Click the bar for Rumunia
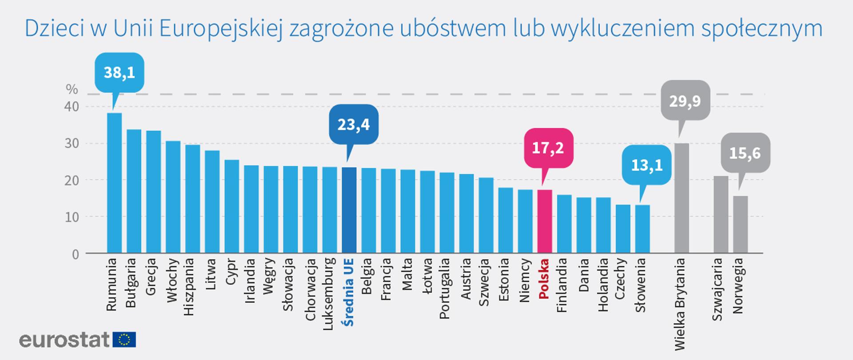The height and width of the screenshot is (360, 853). [114, 183]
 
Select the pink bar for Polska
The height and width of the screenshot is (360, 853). [545, 221]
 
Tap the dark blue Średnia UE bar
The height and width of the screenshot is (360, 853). [349, 210]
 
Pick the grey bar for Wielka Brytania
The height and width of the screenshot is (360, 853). [682, 198]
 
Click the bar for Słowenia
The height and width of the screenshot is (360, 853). [642, 229]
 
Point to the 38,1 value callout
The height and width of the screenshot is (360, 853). [119, 72]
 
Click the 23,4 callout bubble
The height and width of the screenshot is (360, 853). [353, 124]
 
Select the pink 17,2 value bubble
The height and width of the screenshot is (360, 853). [548, 148]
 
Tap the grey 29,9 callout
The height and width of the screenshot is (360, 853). [685, 101]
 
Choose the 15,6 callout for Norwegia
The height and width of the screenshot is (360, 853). [745, 153]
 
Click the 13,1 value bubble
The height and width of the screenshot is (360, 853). [646, 165]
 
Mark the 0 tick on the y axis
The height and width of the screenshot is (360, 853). [76, 254]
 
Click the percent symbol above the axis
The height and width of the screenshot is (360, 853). [72, 89]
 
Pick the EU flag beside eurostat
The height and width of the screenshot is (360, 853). [124, 340]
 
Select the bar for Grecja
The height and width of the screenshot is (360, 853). [153, 192]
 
